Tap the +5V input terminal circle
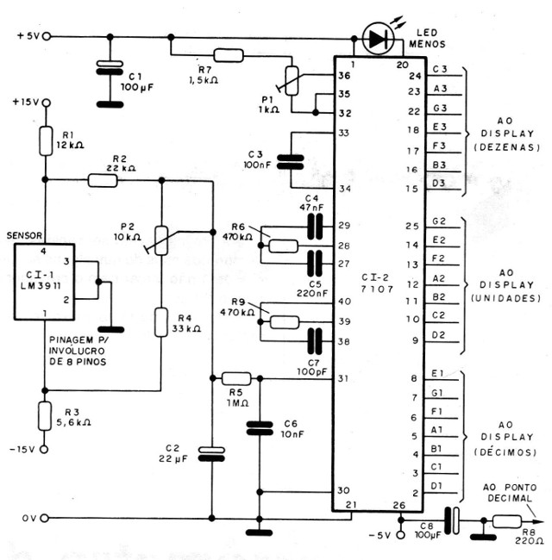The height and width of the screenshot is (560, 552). [47, 36]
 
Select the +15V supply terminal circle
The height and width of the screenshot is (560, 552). [47, 102]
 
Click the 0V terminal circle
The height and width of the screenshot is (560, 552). [47, 519]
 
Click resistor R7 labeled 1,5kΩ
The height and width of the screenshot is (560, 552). [228, 56]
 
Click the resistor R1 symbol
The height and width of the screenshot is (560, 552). [47, 140]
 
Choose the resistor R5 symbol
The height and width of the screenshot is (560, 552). [235, 378]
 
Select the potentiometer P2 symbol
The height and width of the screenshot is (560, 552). [161, 240]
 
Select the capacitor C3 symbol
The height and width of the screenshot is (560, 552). [293, 160]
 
